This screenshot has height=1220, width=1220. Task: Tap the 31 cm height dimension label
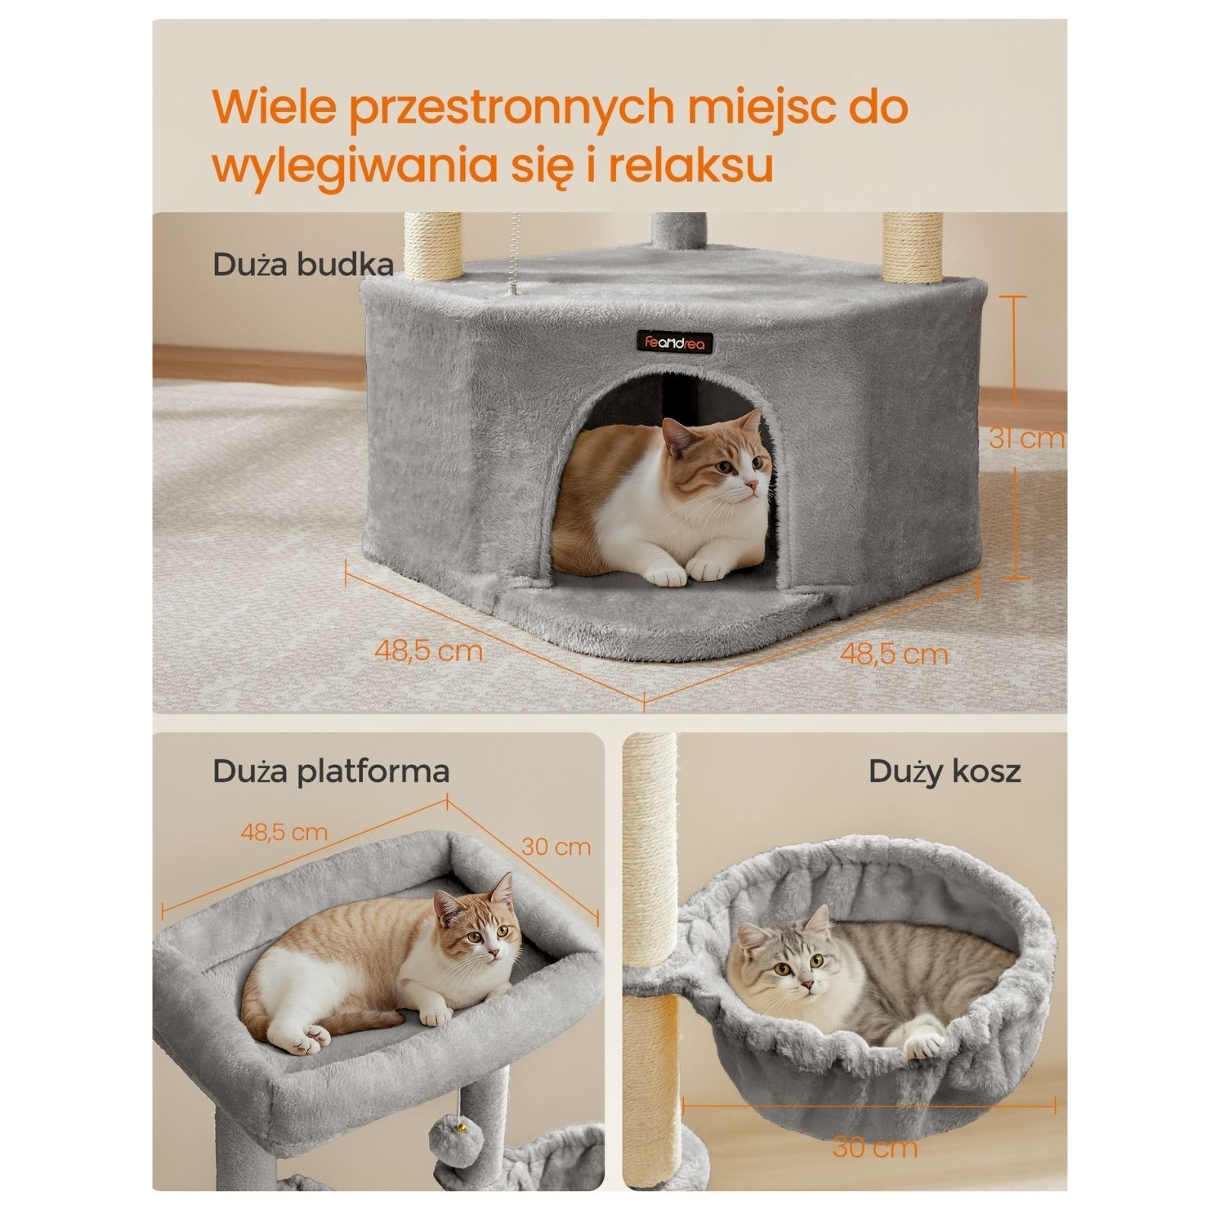click(1026, 438)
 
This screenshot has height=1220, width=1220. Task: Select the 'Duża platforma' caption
click(331, 772)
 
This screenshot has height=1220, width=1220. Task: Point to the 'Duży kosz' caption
click(944, 772)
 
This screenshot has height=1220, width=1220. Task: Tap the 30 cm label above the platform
click(556, 846)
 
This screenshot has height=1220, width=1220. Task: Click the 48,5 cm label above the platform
click(284, 832)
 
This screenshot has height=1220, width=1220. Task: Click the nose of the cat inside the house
click(753, 483)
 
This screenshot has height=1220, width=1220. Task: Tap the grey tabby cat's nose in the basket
click(803, 984)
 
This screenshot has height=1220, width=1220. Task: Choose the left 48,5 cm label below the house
click(428, 650)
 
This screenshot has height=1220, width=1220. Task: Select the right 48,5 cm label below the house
click(894, 653)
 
